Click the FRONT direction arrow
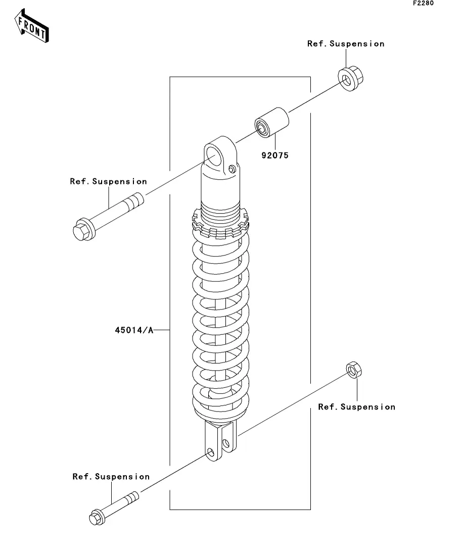point(31,26)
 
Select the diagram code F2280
point(423,3)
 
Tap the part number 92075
point(275,155)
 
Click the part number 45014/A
point(134,330)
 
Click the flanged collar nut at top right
point(350,78)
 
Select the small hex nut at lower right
point(354,370)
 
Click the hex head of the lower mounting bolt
point(97,517)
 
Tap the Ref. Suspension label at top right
point(346,44)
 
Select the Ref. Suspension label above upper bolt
point(109,181)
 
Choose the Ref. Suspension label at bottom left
point(111,477)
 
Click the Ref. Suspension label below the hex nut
point(357,407)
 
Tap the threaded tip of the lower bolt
point(131,498)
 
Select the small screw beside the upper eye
point(232,170)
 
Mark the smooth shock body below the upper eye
point(220,188)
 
